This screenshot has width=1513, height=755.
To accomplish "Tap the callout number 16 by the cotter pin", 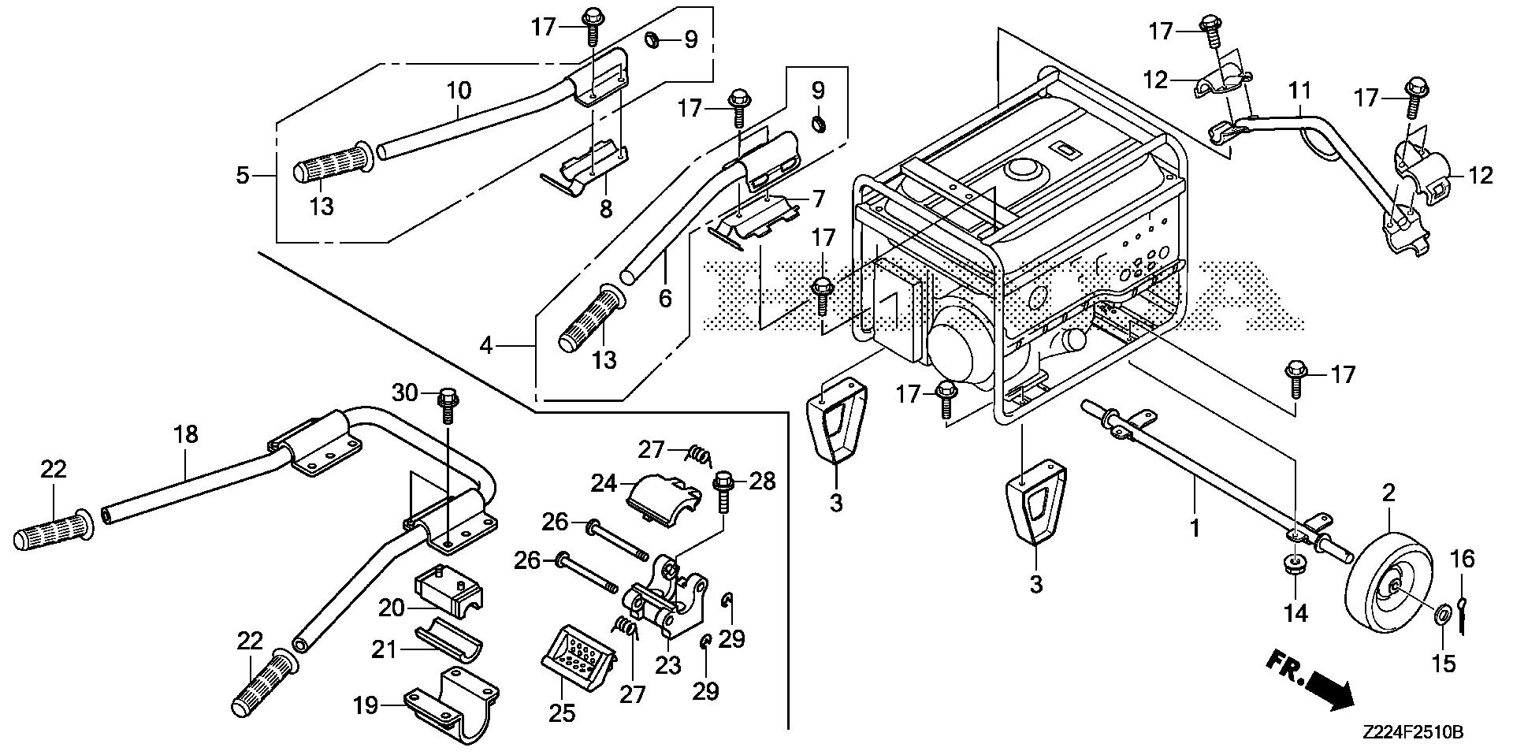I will click(x=1462, y=560).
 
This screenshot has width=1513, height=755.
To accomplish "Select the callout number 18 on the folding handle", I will click(x=187, y=433).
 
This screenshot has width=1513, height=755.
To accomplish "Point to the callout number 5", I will click(x=243, y=174).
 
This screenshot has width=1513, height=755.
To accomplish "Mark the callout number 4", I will click(x=487, y=344).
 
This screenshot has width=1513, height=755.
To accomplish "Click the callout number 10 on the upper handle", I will click(x=459, y=90).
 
